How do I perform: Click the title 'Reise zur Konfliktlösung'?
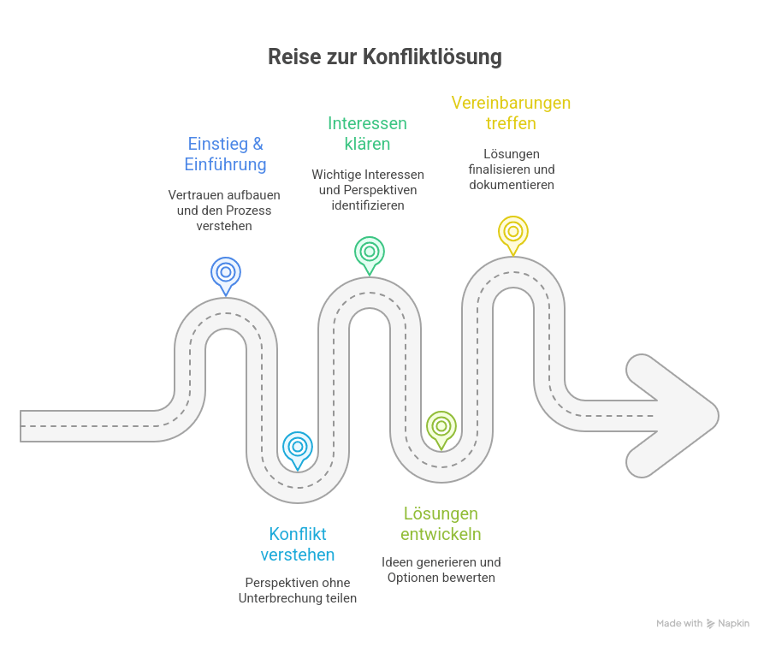[384, 57]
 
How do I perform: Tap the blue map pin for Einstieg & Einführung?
[226, 273]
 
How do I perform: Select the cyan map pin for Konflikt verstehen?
[298, 447]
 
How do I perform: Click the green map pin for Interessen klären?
[369, 252]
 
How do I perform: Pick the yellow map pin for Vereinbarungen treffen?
[512, 232]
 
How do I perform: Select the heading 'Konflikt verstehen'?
[297, 544]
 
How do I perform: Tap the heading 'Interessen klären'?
[367, 134]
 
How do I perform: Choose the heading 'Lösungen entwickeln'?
[441, 524]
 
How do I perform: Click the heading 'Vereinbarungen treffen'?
[511, 113]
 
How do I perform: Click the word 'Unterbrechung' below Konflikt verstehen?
[279, 598]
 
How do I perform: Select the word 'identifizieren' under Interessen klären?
[367, 205]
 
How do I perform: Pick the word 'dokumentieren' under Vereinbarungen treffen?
[512, 184]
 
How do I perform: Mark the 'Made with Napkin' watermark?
[702, 624]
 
